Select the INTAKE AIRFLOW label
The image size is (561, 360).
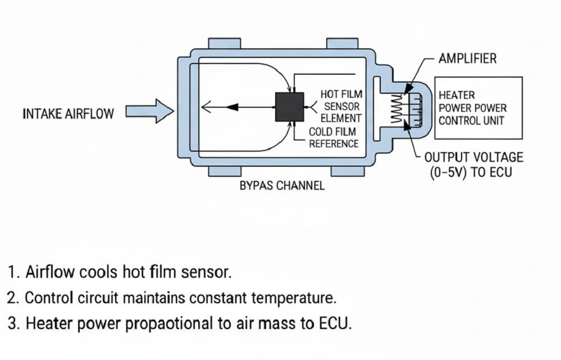[67, 113]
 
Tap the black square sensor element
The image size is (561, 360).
[290, 107]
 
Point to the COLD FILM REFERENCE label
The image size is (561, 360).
[334, 138]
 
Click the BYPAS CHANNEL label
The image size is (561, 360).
[282, 186]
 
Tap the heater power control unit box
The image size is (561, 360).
[478, 108]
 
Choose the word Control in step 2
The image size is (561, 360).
[49, 298]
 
